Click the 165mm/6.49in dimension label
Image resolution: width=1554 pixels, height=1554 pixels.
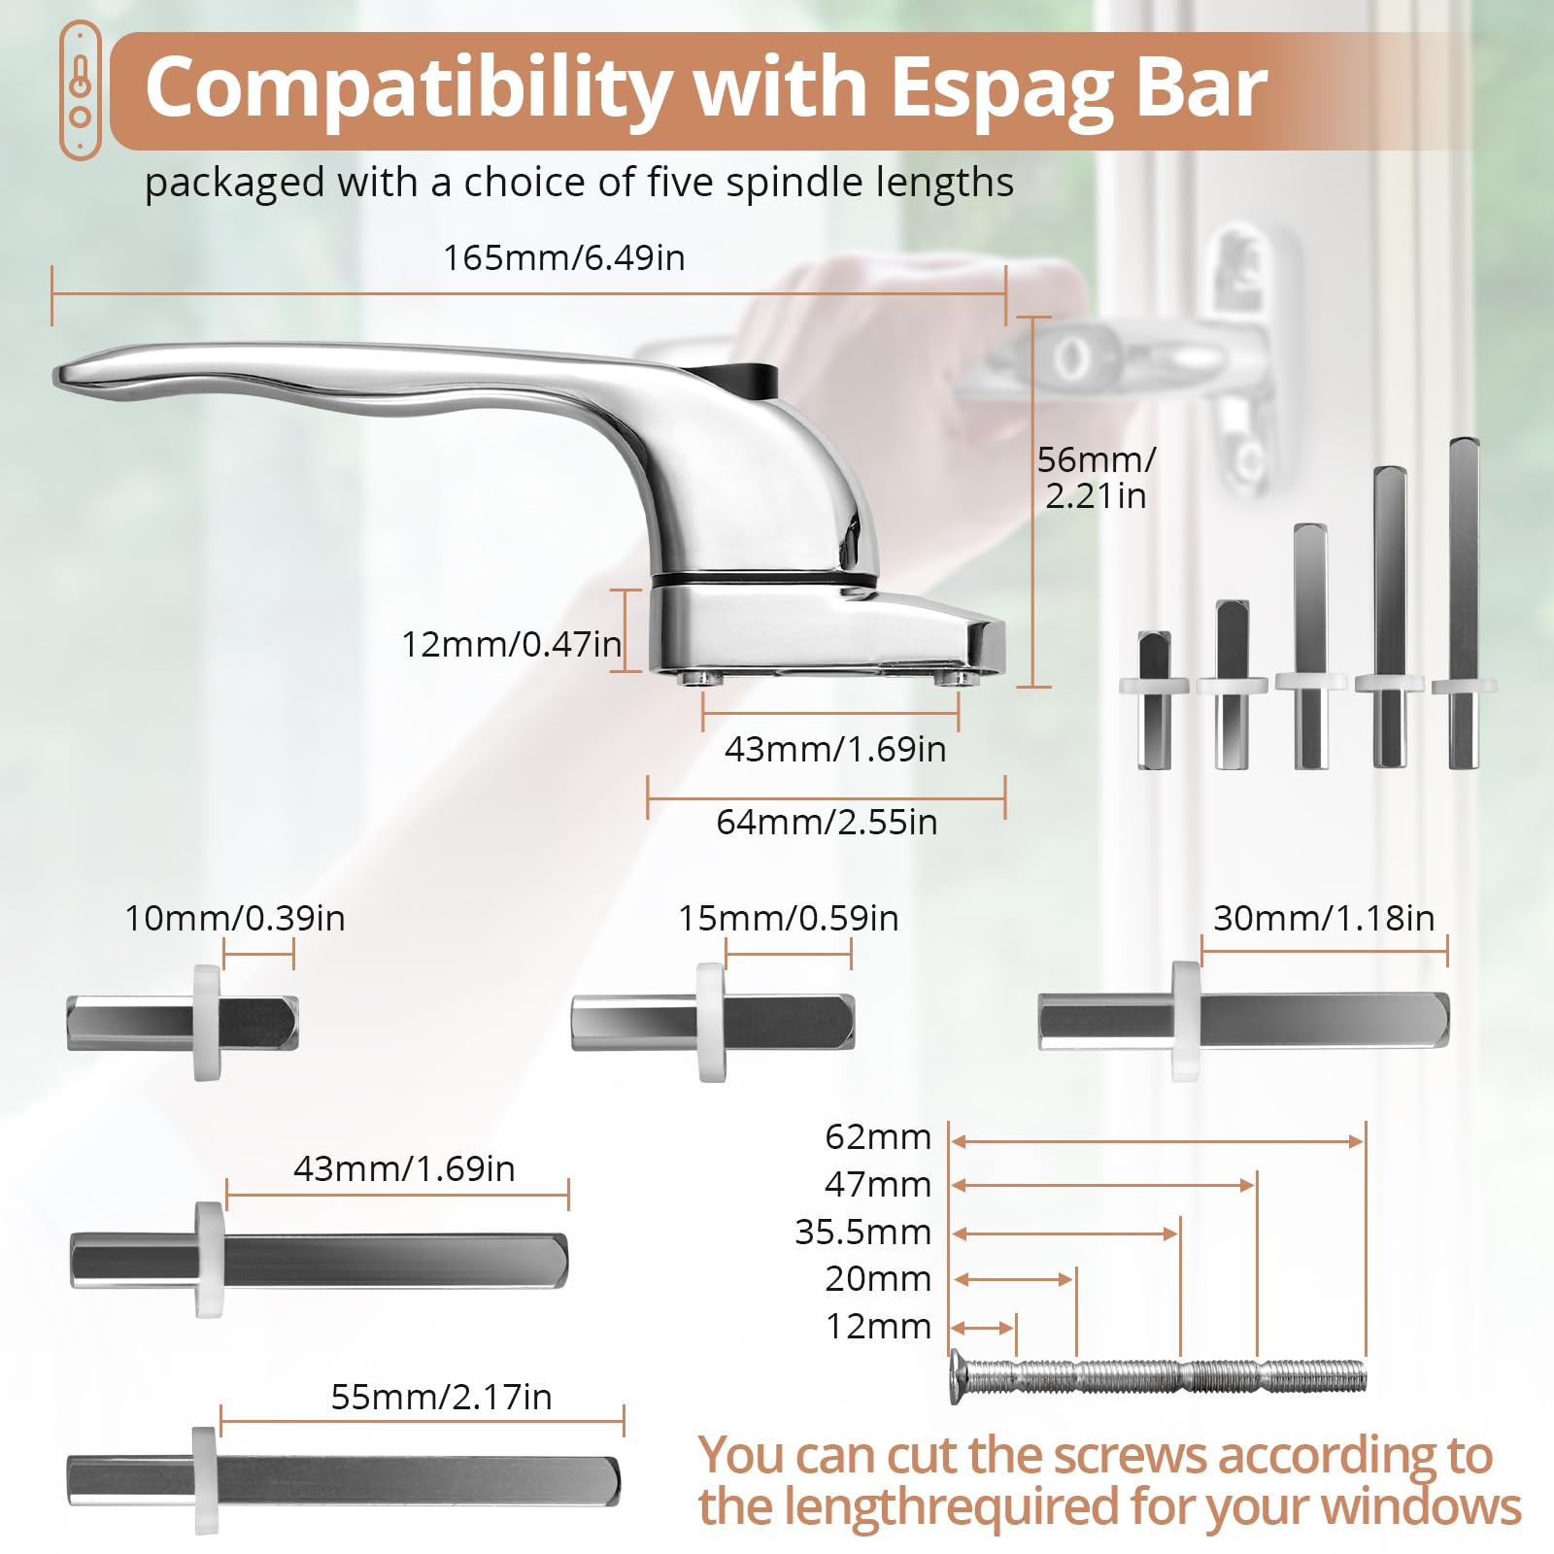[x=564, y=258]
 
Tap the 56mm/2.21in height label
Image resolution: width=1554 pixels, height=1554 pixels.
[x=1097, y=477]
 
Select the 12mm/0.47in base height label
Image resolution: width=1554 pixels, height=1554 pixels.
[x=512, y=644]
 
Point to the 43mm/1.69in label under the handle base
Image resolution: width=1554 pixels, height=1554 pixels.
[x=835, y=749]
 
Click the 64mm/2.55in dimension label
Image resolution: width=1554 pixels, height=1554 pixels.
[x=827, y=822]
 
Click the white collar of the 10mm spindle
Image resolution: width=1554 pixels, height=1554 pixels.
[x=207, y=1023]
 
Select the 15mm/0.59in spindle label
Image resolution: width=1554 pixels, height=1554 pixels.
[x=788, y=918]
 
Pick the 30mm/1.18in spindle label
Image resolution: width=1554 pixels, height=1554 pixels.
[x=1324, y=918]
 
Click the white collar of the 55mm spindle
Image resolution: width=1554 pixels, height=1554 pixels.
[x=206, y=1480]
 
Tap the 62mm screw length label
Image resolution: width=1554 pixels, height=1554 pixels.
[x=878, y=1136]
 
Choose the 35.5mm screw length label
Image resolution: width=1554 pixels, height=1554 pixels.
[x=863, y=1232]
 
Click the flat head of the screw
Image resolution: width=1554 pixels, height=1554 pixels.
[x=957, y=1376]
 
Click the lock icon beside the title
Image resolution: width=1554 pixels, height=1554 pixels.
[x=80, y=90]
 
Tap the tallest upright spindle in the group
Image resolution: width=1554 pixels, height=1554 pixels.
[x=1464, y=603]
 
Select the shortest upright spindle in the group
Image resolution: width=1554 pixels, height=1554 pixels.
[x=1154, y=700]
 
